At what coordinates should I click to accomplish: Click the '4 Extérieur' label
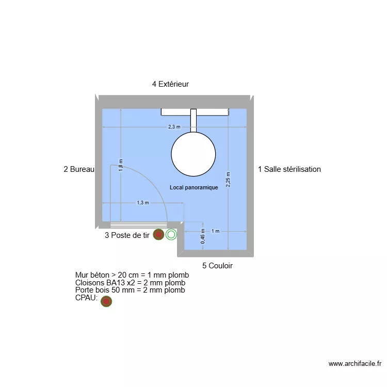point(170,84)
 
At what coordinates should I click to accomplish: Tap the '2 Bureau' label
point(79,169)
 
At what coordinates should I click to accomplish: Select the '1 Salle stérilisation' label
point(289,169)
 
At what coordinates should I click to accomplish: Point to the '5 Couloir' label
point(217,266)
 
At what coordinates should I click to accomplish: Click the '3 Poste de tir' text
point(127,235)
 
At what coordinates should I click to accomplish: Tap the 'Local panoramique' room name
point(193,188)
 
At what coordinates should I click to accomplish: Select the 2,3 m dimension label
point(174,127)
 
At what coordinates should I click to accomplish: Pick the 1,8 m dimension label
point(121,165)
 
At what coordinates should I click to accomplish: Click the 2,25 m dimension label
point(228,180)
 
